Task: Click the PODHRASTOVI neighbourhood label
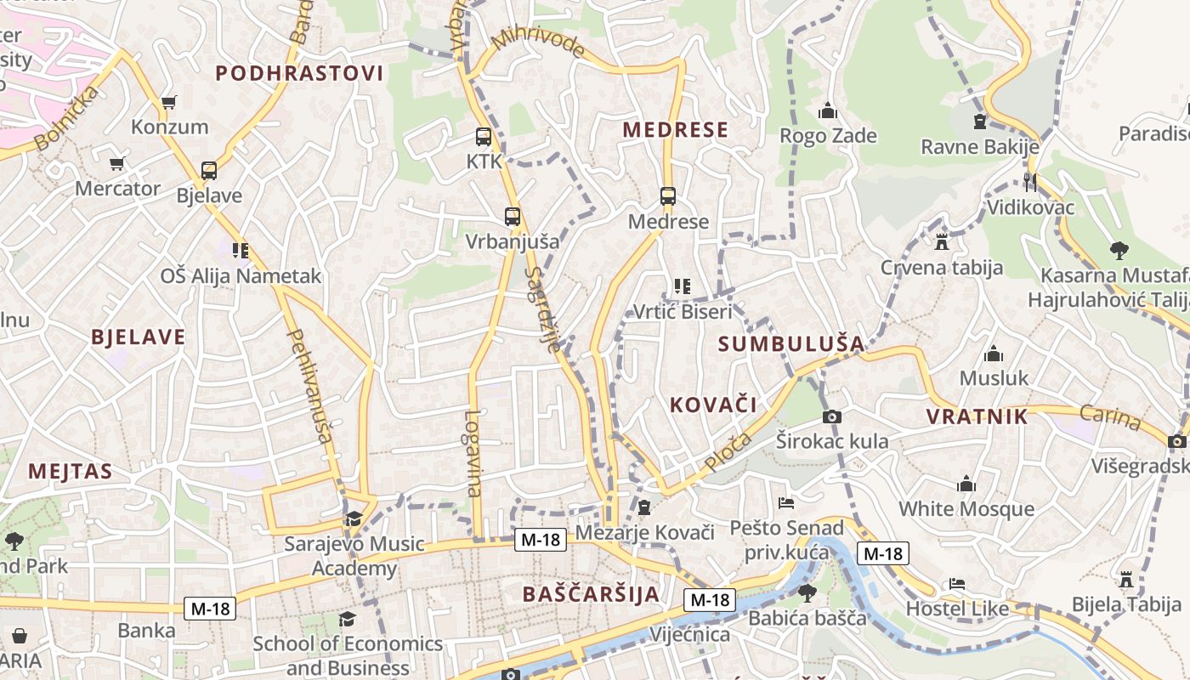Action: click(x=299, y=73)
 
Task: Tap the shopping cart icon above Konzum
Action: click(x=168, y=103)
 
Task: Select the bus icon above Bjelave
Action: click(x=209, y=171)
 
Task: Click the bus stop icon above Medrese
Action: click(x=668, y=196)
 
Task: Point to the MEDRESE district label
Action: click(x=676, y=130)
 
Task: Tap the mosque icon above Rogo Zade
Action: click(x=827, y=111)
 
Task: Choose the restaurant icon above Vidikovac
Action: click(x=1030, y=182)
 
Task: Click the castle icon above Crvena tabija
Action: click(x=941, y=242)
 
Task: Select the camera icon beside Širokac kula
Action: click(x=832, y=416)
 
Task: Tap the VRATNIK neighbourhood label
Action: click(x=977, y=416)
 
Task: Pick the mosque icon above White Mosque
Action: click(x=966, y=484)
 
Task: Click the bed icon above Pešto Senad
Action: click(x=785, y=503)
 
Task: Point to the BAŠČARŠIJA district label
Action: click(x=592, y=593)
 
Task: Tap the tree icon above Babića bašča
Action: click(x=807, y=592)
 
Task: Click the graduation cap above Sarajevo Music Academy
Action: click(x=353, y=518)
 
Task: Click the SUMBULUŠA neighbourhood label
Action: click(x=791, y=344)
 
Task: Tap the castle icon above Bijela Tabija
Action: click(x=1126, y=580)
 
